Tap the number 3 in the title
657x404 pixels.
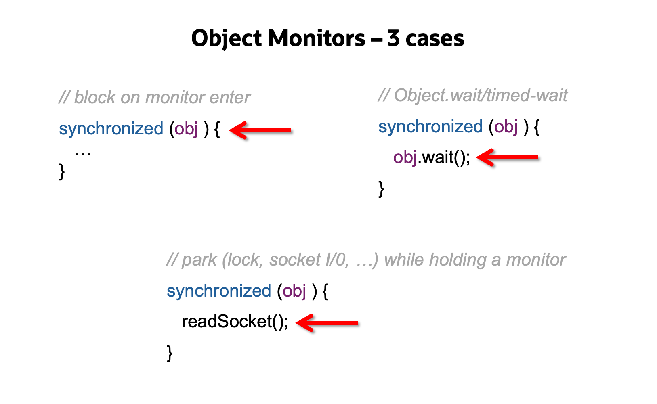(x=393, y=39)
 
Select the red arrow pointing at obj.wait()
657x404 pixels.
(x=507, y=157)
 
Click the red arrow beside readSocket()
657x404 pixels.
(x=327, y=322)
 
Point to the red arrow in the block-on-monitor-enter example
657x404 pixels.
(x=260, y=130)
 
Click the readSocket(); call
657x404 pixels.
(x=235, y=322)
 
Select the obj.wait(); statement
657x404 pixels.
(x=432, y=157)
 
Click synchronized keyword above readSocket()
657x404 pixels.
(x=219, y=291)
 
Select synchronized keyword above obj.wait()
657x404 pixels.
(x=430, y=127)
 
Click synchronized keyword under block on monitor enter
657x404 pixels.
(x=111, y=129)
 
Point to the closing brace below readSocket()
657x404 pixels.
(x=170, y=353)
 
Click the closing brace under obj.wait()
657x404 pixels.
(x=381, y=188)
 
